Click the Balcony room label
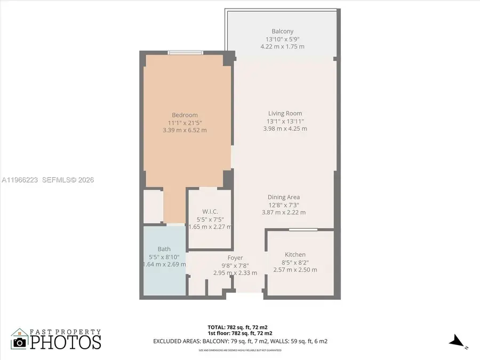click(282, 31)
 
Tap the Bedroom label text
click(185, 115)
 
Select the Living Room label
click(285, 113)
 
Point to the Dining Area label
click(283, 197)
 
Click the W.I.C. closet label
click(210, 212)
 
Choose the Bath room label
click(164, 249)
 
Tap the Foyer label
click(235, 258)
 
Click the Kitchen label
click(295, 254)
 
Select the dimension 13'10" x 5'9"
click(282, 39)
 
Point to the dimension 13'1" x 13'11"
click(285, 121)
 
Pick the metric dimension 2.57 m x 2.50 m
click(295, 269)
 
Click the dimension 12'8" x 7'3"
click(283, 204)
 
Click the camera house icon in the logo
click(20, 339)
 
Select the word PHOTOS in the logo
click(65, 342)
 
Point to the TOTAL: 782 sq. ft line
click(241, 326)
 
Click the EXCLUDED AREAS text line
click(240, 341)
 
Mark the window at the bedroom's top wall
click(185, 52)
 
